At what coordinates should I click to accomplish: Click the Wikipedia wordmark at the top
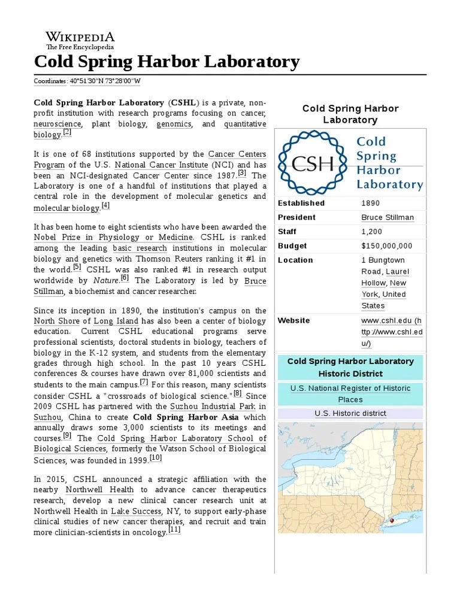[x=80, y=37]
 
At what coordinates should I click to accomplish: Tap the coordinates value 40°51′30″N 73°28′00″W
[x=105, y=81]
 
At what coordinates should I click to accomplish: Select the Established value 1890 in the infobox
[x=370, y=203]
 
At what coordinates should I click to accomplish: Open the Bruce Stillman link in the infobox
[x=387, y=217]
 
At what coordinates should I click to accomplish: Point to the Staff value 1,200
[x=371, y=232]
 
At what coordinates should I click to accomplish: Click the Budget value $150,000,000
[x=386, y=246]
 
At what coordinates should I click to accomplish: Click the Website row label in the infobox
[x=293, y=320]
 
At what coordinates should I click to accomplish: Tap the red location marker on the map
[x=392, y=521]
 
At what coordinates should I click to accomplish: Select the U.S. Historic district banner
[x=350, y=414]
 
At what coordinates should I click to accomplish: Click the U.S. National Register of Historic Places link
[x=350, y=393]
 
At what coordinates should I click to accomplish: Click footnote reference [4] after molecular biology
[x=105, y=206]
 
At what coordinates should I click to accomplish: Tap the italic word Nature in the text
[x=105, y=280]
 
